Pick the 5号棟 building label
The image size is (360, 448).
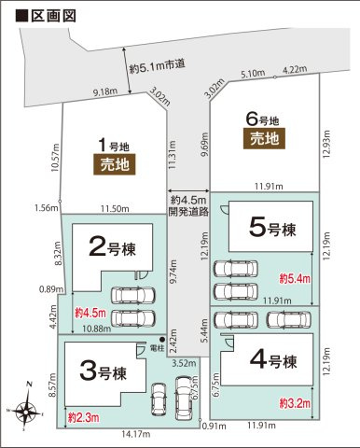pos(271,227)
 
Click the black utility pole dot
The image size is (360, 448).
pos(161,338)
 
